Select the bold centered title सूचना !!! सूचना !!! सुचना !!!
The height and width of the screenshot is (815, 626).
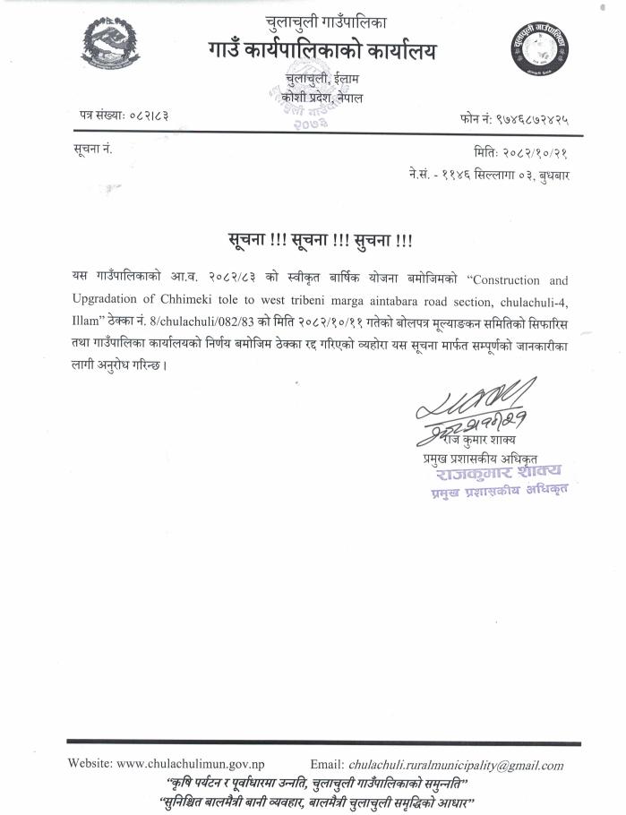point(320,240)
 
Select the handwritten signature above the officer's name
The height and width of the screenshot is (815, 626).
point(475,407)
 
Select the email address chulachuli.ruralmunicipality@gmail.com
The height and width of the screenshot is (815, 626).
point(456,765)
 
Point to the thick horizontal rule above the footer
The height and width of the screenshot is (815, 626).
point(323,742)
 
